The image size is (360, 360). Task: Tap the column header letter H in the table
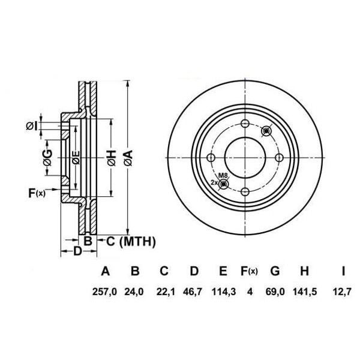coord(304,271)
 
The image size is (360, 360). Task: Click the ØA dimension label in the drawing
coord(127,158)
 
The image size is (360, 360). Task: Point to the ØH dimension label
coord(111,158)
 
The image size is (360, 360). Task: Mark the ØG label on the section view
coord(47,158)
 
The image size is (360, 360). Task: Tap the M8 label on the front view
coord(223,175)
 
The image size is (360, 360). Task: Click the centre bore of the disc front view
coord(245,158)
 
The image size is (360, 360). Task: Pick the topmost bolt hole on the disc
coord(245,124)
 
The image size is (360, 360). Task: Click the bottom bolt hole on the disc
coord(245,191)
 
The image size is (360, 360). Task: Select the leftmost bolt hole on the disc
coord(211,158)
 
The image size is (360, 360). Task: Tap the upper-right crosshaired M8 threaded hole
coord(268,131)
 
